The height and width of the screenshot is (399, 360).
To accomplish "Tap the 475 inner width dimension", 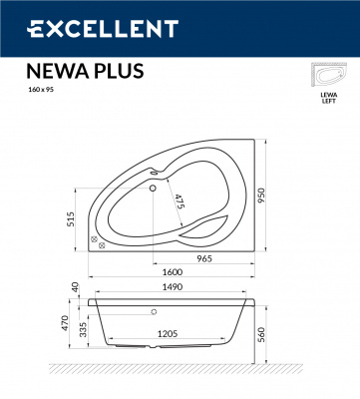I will coord(180,202).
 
